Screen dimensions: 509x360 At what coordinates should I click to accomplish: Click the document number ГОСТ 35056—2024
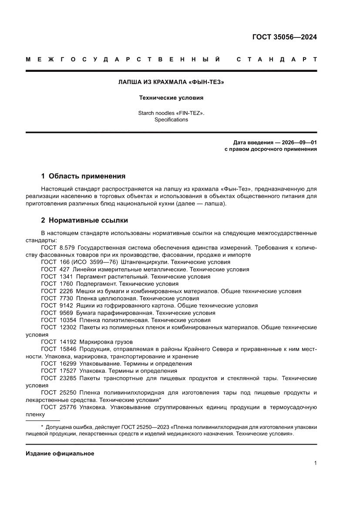click(284, 37)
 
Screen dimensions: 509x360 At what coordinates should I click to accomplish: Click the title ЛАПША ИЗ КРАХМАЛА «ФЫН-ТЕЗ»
click(171, 82)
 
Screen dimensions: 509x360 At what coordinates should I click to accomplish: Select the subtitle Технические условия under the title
click(171, 98)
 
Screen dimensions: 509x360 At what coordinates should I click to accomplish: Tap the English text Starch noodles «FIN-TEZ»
click(171, 113)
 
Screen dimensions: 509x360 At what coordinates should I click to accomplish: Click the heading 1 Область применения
click(83, 176)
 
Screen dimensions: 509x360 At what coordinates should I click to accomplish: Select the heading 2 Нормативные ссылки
click(84, 220)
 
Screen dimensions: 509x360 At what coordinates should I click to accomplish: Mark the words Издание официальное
click(60, 454)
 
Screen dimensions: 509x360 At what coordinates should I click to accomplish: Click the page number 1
click(315, 463)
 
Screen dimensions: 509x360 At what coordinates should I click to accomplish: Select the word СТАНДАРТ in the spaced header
click(276, 59)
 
